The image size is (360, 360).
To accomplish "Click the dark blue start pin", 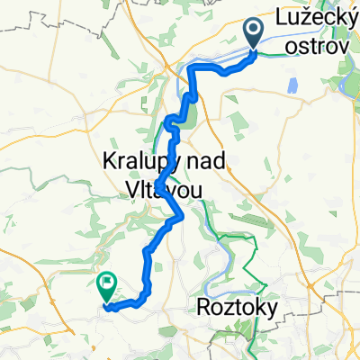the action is click(252, 33).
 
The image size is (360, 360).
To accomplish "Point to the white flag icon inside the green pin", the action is click(106, 283).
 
